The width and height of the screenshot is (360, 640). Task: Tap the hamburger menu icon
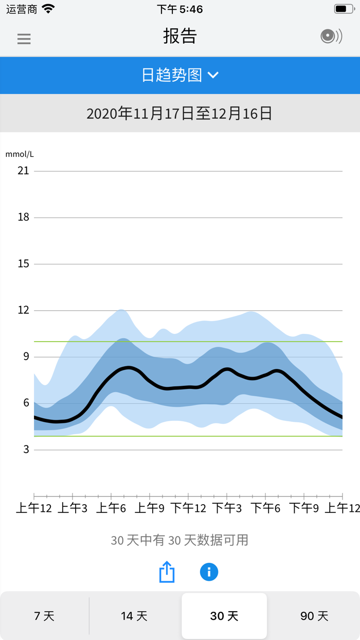tap(24, 39)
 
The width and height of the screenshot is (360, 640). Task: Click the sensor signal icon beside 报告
tap(331, 36)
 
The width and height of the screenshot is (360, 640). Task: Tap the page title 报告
tap(180, 36)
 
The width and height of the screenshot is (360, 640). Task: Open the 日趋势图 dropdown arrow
tap(213, 75)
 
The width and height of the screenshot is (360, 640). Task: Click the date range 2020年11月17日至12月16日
tap(179, 114)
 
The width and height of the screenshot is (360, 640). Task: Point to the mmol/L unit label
tap(20, 154)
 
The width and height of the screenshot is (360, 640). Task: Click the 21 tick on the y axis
tap(23, 171)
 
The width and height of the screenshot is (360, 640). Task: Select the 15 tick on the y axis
tap(23, 264)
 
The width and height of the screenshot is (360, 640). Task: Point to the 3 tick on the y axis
tap(26, 450)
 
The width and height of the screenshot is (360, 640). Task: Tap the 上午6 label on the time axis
tap(111, 508)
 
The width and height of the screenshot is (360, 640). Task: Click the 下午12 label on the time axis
tap(188, 508)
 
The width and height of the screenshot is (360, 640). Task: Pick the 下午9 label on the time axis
tap(304, 508)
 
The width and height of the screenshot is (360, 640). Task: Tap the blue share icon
tap(167, 572)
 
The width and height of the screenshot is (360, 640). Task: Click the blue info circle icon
tap(209, 572)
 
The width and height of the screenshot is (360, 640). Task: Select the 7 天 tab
tap(44, 616)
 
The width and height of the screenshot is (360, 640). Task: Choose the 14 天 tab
tap(134, 616)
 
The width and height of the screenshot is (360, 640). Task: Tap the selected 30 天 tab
tap(224, 616)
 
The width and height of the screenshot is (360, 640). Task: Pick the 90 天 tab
tap(314, 616)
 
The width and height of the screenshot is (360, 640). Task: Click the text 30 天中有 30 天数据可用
tap(179, 540)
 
